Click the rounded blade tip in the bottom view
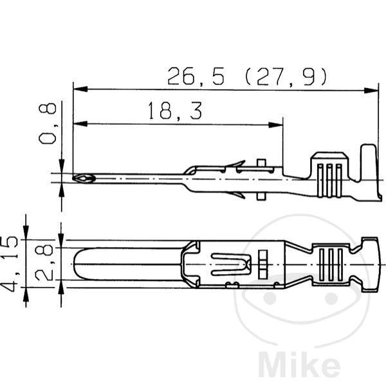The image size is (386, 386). (x=80, y=264)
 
